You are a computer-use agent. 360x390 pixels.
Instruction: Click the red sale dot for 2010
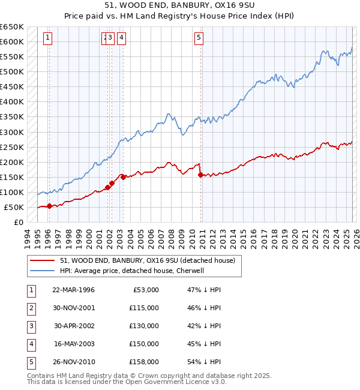(200, 175)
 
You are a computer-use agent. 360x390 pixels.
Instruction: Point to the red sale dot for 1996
(49, 206)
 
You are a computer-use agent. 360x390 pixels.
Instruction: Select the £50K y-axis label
(14, 207)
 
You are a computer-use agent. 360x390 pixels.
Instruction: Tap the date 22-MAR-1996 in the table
(73, 290)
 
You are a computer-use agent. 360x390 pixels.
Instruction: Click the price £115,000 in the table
(144, 308)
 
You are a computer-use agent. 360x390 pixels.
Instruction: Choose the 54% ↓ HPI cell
(204, 362)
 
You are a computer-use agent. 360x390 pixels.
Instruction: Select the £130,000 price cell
(144, 326)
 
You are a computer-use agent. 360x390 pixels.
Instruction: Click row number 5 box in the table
(31, 362)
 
